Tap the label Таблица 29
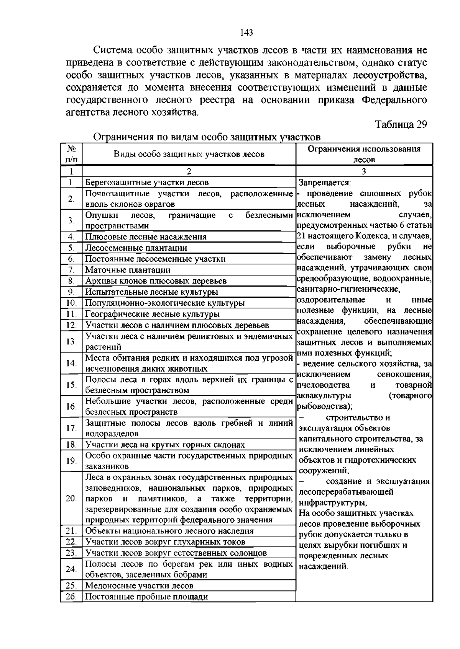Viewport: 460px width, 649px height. tap(401, 125)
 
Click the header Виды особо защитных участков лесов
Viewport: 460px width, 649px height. tap(189, 154)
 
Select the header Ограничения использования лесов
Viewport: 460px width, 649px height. tap(364, 154)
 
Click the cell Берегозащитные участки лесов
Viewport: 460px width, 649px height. tap(147, 183)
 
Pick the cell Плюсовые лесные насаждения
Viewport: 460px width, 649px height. tap(146, 237)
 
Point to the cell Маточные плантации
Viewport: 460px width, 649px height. tap(128, 270)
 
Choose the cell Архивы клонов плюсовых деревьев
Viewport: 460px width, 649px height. tap(156, 281)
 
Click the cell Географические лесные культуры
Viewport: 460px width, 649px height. tap(152, 314)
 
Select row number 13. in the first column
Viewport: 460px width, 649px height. tap(71, 341)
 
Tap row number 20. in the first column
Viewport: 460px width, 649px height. tap(71, 498)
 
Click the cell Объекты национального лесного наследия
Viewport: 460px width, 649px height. tap(169, 531)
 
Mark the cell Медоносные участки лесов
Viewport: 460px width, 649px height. tap(139, 585)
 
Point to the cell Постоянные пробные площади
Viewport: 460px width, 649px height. tap(146, 597)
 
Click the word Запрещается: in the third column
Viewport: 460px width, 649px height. tap(325, 183)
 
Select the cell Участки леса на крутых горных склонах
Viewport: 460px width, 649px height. tap(165, 445)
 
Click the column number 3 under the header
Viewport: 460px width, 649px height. tap(364, 171)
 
